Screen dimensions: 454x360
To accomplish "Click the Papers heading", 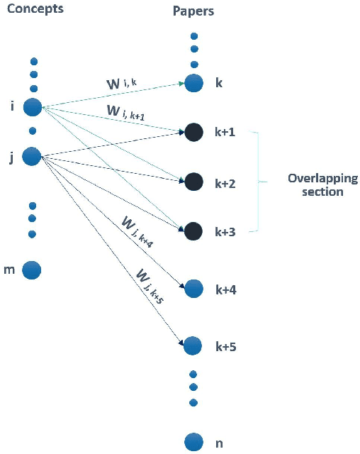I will pyautogui.click(x=193, y=12).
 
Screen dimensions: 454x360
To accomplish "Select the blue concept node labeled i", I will pyautogui.click(x=33, y=107).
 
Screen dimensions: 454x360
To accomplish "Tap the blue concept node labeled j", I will pyautogui.click(x=32, y=156).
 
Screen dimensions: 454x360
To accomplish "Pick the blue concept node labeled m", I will pyautogui.click(x=32, y=270).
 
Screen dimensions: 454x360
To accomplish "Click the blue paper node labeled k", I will pyautogui.click(x=193, y=83).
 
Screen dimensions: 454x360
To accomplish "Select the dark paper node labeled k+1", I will pyautogui.click(x=193, y=132).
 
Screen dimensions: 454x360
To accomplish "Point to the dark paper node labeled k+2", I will pyautogui.click(x=193, y=182).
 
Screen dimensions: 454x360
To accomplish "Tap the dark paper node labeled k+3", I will pyautogui.click(x=193, y=231).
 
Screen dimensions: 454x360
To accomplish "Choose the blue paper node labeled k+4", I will pyautogui.click(x=193, y=289).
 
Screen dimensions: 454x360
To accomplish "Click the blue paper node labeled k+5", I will pyautogui.click(x=193, y=346).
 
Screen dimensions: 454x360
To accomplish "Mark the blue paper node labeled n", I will pyautogui.click(x=193, y=442).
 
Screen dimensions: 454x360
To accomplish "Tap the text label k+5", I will pyautogui.click(x=225, y=347).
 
